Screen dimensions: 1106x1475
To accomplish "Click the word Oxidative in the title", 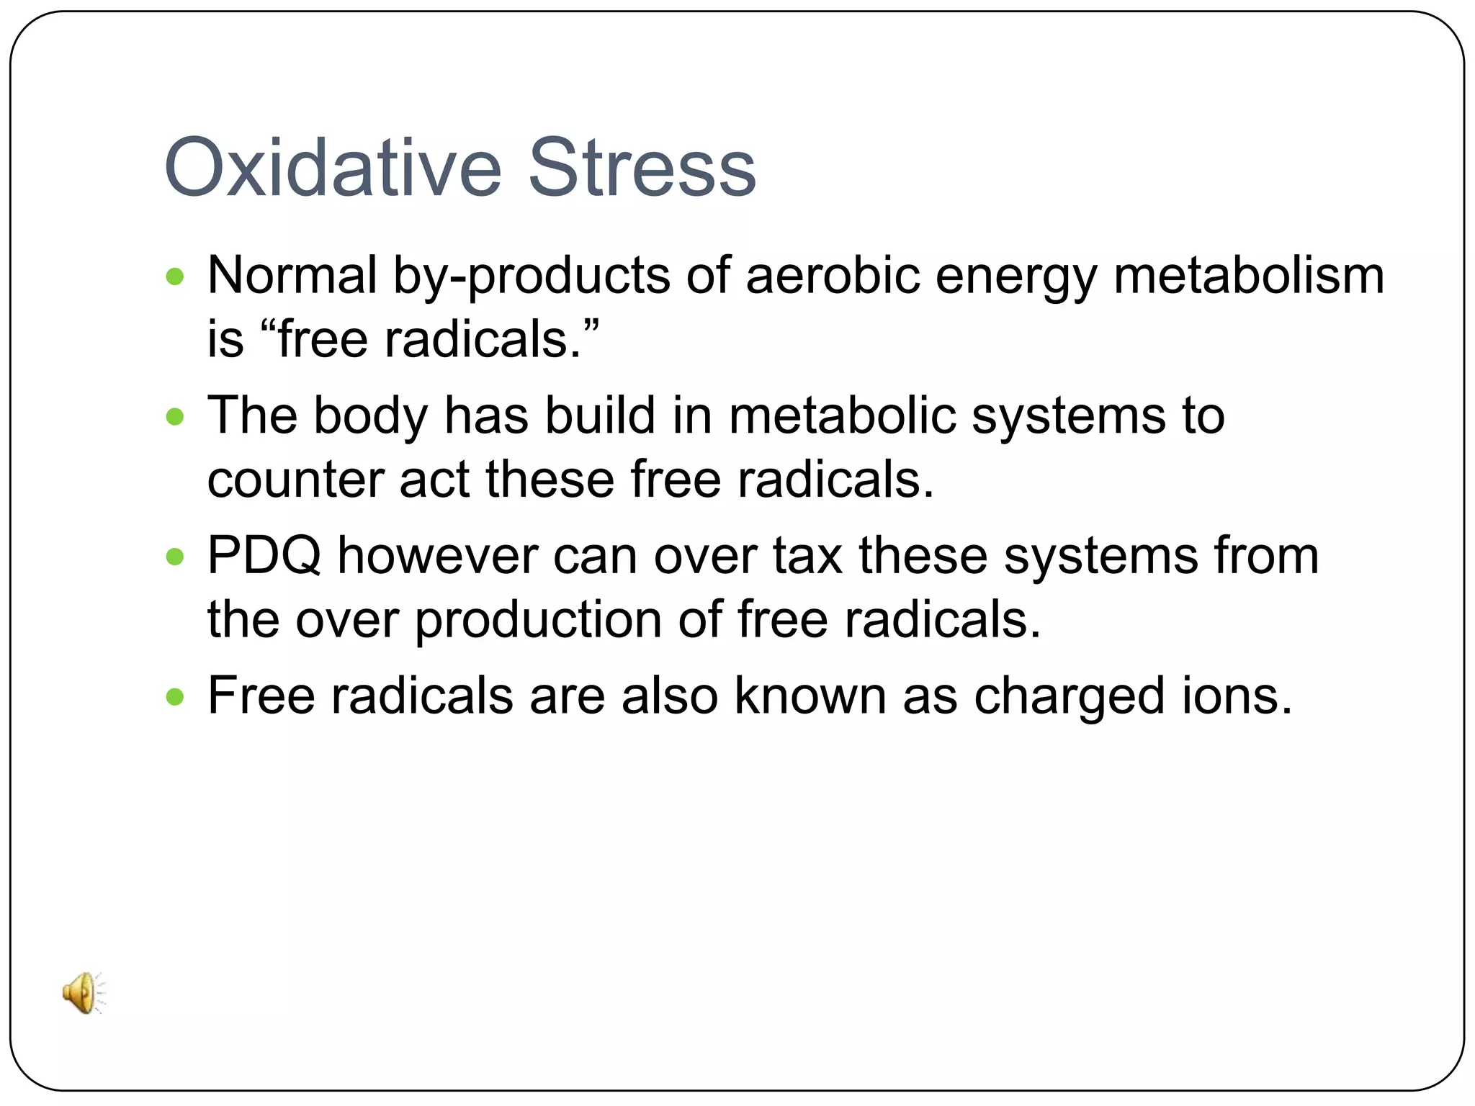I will [x=332, y=168].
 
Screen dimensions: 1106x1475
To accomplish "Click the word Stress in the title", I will [x=642, y=168].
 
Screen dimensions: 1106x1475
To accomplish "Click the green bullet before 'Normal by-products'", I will [x=175, y=276].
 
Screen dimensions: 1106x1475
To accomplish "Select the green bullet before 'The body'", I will [x=175, y=416].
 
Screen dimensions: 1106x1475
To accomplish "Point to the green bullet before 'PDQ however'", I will [x=175, y=556].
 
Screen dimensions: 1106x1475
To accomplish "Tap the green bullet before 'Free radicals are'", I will [x=175, y=696].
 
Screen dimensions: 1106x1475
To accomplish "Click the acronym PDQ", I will [x=264, y=556].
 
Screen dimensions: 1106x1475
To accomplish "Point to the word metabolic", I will [x=842, y=415].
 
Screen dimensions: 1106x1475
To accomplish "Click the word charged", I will [x=1069, y=697].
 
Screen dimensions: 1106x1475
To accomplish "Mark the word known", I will [x=810, y=696].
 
